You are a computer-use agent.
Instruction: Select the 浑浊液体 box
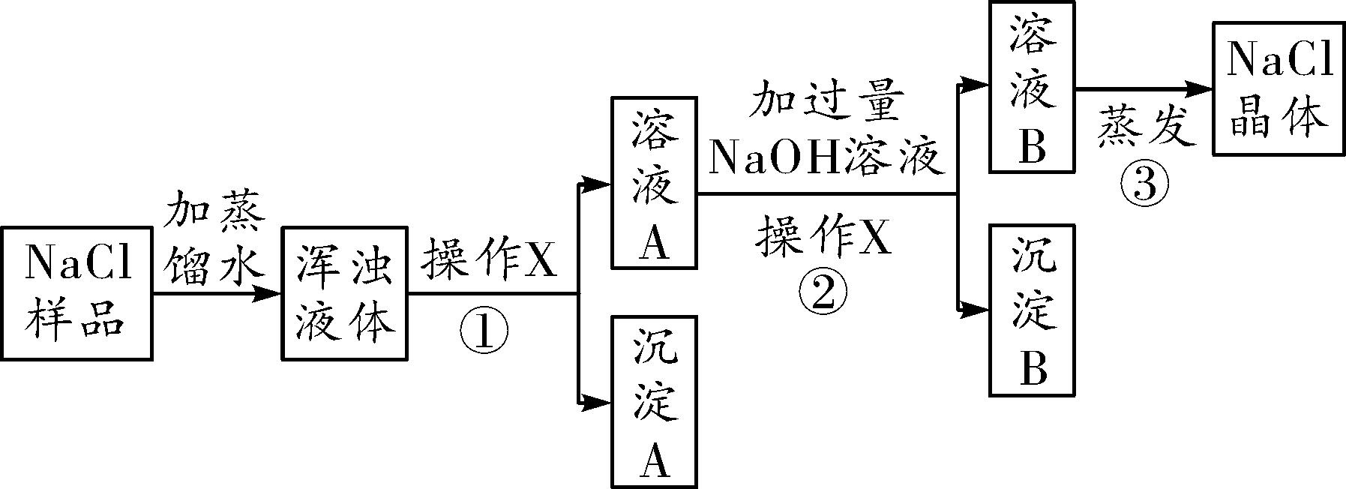click(x=344, y=293)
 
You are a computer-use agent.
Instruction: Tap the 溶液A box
click(x=654, y=182)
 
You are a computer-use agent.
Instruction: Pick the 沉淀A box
click(x=654, y=401)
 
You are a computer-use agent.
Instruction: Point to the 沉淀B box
click(x=1032, y=309)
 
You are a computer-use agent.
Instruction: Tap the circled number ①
click(x=484, y=331)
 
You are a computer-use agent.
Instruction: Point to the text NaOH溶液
click(x=825, y=157)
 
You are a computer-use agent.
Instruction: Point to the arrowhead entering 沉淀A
click(x=598, y=403)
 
